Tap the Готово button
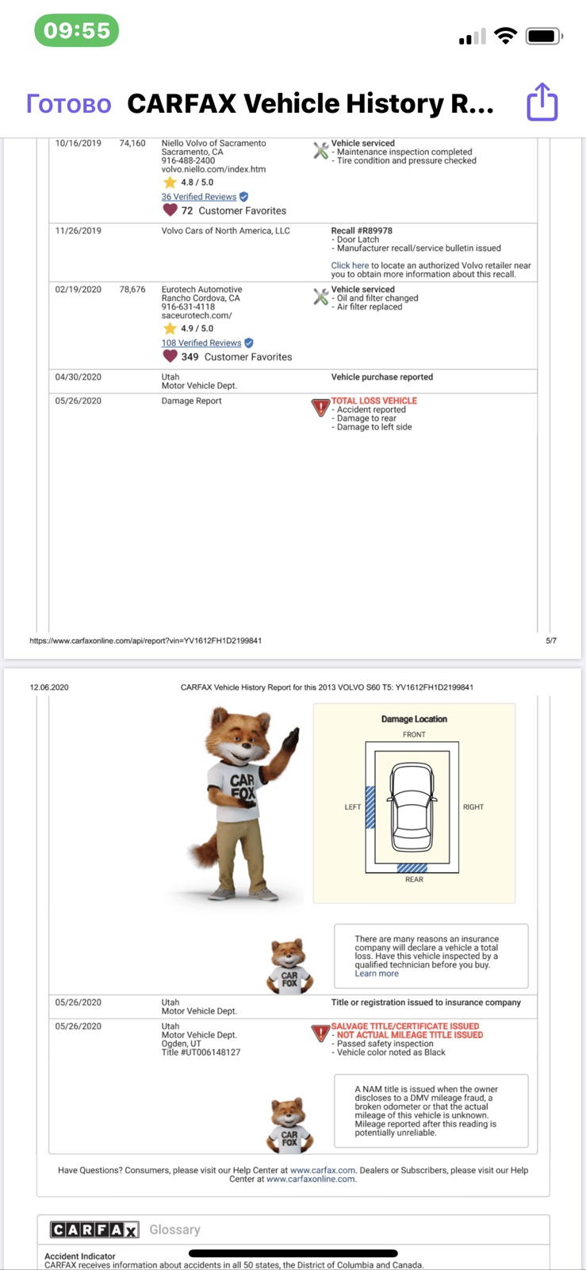coord(68,104)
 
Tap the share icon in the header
coord(542,102)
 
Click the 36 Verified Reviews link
coord(199,197)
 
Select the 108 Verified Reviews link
coord(201,343)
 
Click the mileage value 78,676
coord(132,289)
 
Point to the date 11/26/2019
coord(79,231)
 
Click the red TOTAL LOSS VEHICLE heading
coord(373,401)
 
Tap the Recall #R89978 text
coord(362,231)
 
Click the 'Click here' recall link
coord(350,265)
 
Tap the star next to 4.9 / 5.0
coord(170,329)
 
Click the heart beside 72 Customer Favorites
coord(170,210)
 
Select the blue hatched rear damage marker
coord(412,868)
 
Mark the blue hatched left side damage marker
coord(370,807)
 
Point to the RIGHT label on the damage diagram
coord(473,806)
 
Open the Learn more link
coord(377,973)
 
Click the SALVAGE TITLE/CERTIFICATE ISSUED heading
coord(405,1026)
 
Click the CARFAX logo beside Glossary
coord(94,1230)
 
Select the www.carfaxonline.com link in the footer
coord(311,1179)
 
